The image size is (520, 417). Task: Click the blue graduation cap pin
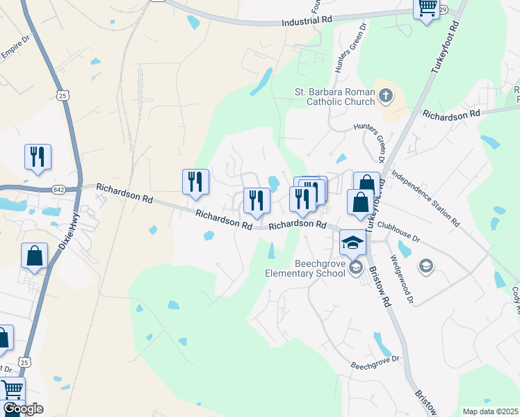click(x=352, y=243)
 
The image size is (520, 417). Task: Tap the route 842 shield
click(x=58, y=189)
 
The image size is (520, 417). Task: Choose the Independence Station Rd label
click(x=425, y=198)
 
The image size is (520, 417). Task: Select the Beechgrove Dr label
click(x=375, y=362)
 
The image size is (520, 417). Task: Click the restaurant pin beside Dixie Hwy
click(x=37, y=157)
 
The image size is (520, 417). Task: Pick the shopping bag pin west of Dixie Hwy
click(x=34, y=256)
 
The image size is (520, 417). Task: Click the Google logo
click(x=23, y=409)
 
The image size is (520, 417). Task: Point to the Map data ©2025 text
click(x=490, y=411)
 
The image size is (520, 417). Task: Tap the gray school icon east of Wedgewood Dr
click(x=425, y=265)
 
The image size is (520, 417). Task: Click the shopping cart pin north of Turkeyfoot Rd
click(x=426, y=8)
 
